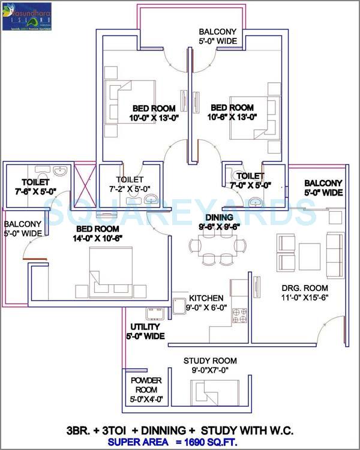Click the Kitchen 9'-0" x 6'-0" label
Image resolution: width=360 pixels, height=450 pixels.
206,303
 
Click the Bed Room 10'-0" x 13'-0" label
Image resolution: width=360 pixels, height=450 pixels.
154,113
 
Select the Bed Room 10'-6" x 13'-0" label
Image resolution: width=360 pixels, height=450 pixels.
232,113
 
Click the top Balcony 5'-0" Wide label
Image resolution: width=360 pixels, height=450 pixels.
218,37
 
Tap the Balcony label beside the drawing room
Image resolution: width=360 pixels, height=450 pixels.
323,188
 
